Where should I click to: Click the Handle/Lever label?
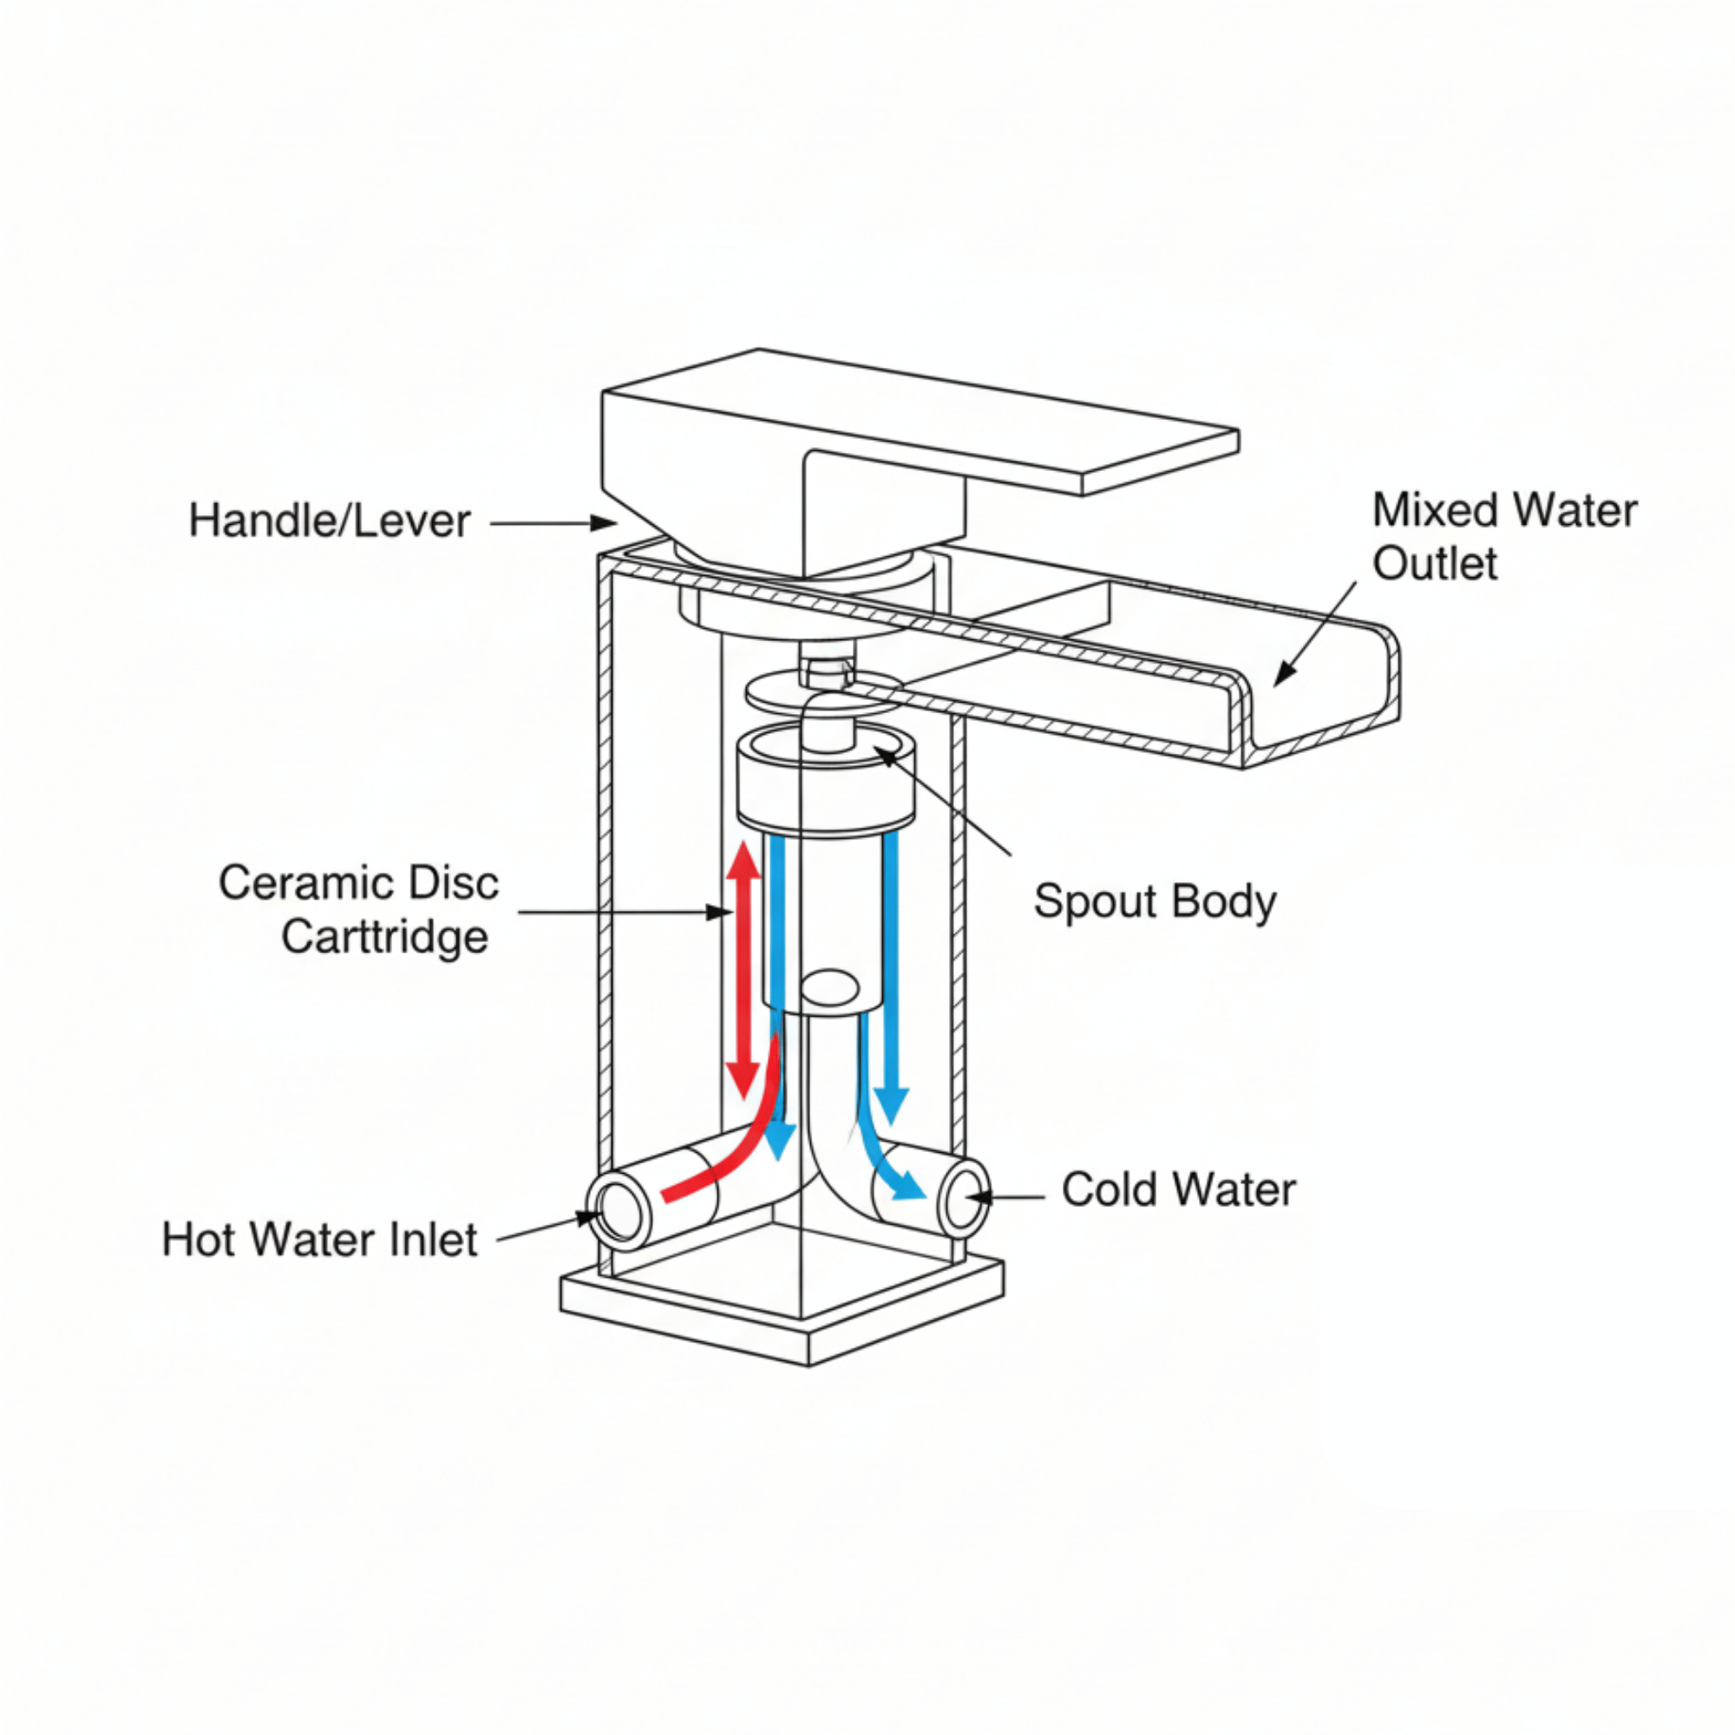(329, 520)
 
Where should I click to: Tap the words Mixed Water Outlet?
(1504, 537)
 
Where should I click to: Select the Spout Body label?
(1154, 901)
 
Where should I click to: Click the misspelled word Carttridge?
(384, 938)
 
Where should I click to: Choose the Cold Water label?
(1178, 1190)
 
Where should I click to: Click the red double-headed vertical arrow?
(743, 970)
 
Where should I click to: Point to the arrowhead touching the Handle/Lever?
(605, 522)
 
